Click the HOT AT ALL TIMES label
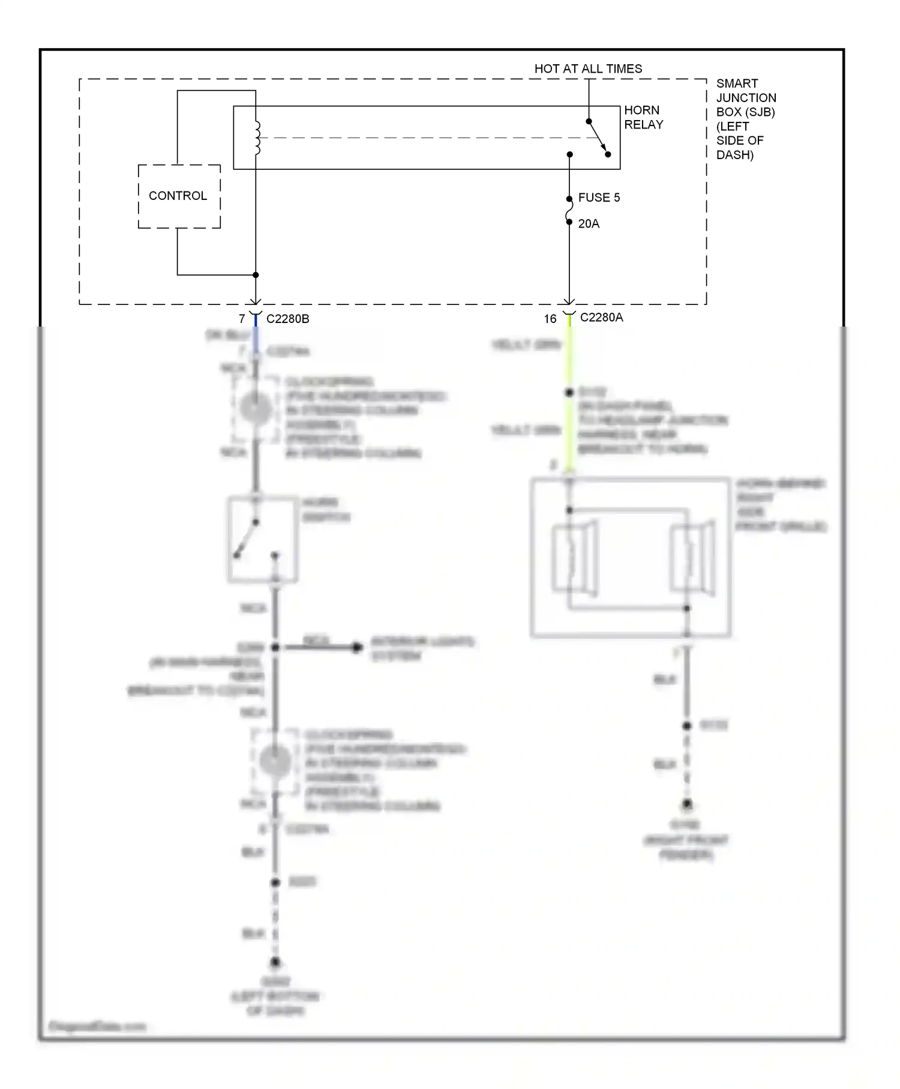point(588,68)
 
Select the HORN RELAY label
point(643,117)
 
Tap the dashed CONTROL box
point(179,196)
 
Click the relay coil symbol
point(257,138)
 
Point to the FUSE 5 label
point(598,198)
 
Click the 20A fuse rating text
point(589,224)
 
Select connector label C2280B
point(287,319)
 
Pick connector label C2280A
point(601,318)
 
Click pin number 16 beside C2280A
point(550,319)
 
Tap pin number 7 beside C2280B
point(242,319)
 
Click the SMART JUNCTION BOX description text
point(745,119)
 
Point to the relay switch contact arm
point(598,137)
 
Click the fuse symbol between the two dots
point(569,210)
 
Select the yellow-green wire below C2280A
point(569,360)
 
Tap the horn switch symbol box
point(263,539)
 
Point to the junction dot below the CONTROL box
point(256,275)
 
